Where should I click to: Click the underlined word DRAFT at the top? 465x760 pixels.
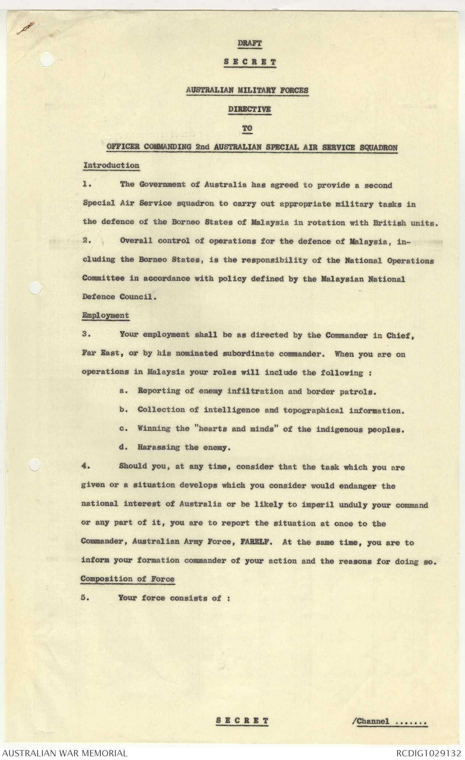coord(250,43)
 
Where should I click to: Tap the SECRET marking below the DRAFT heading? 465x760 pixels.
coord(250,62)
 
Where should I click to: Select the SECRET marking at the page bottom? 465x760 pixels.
coord(242,721)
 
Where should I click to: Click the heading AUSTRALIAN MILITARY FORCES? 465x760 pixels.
coord(247,90)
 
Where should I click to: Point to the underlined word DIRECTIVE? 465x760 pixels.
coord(250,109)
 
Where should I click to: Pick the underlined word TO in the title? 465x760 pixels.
coord(247,128)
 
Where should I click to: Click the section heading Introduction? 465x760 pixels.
coord(111,165)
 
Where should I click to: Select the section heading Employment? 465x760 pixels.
coord(105,316)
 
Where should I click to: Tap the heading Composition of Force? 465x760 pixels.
coord(127,579)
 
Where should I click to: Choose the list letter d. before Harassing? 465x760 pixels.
coord(123,448)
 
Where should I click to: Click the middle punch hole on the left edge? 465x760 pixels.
coord(35,288)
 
